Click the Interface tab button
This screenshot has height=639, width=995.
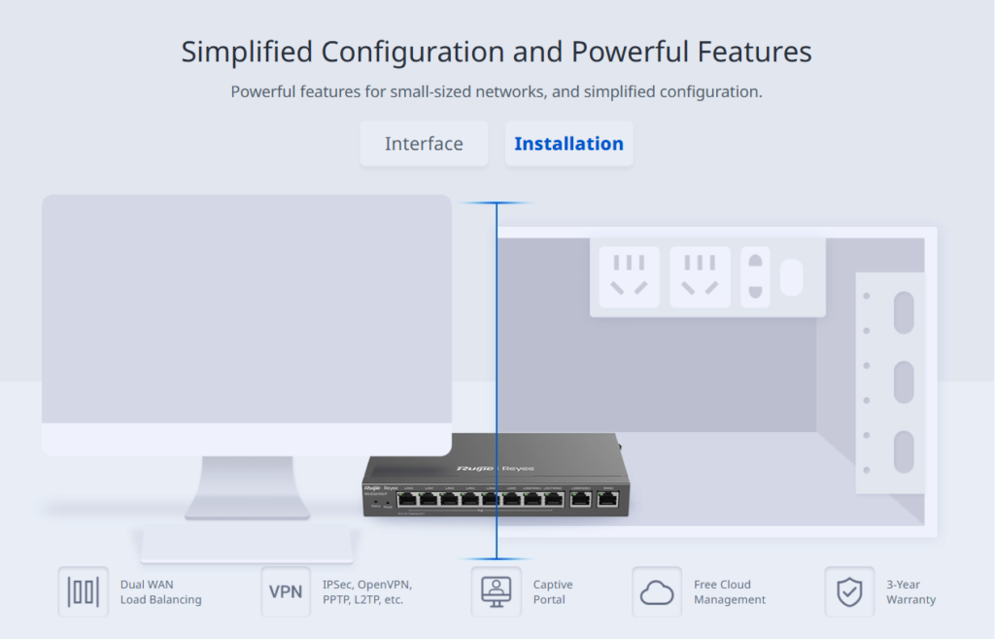[424, 144]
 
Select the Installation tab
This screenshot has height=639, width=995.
[568, 144]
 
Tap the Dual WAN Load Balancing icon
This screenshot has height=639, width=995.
[83, 591]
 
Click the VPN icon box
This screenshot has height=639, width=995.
[286, 591]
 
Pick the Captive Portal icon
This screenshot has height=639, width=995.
[496, 591]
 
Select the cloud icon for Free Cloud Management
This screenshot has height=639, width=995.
[657, 591]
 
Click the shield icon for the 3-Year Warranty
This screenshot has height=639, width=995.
[849, 591]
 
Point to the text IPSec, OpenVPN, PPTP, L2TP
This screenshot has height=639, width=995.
[367, 592]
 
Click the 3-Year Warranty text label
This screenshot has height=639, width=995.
[910, 592]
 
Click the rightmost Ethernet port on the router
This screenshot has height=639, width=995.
[608, 500]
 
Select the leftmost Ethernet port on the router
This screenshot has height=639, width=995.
[406, 500]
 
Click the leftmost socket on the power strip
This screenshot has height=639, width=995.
[629, 277]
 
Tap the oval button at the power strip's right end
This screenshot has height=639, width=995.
[792, 277]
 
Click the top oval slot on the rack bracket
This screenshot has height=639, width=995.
[904, 312]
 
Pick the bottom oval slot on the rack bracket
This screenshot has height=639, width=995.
[904, 451]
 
